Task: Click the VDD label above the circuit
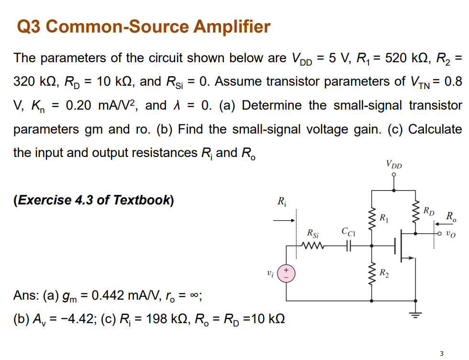[394, 166]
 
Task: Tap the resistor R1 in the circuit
[373, 219]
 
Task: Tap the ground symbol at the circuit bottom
[415, 315]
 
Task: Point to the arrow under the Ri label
[283, 221]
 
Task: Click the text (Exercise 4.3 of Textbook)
[94, 200]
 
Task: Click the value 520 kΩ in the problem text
[395, 58]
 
